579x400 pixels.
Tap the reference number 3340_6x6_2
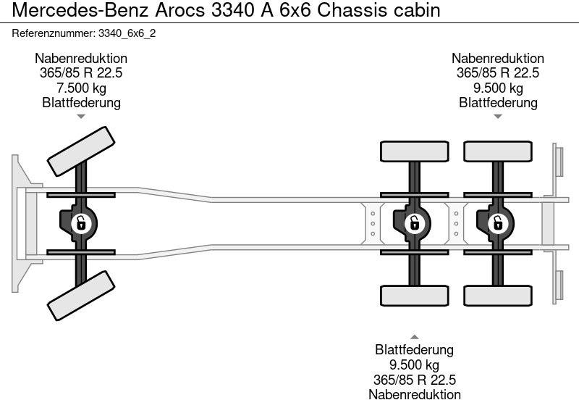(84, 33)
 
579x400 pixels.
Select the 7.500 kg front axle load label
(81, 88)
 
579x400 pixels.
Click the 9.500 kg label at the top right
(498, 88)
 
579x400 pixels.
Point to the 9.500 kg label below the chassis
(414, 364)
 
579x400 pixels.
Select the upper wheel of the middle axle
(414, 151)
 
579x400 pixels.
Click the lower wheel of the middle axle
(414, 296)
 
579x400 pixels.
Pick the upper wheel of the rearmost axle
(496, 151)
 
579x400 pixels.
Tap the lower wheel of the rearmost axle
(496, 296)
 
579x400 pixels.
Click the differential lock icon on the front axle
(82, 223)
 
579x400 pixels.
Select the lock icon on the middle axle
(414, 223)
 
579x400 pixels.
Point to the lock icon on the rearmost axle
(497, 223)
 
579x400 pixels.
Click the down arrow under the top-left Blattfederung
(81, 116)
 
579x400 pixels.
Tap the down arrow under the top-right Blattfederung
(498, 116)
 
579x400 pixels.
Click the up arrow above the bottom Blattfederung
(414, 337)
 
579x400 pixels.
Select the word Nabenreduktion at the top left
(81, 59)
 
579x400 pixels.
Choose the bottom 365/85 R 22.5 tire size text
(414, 380)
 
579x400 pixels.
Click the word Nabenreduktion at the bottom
(414, 394)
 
